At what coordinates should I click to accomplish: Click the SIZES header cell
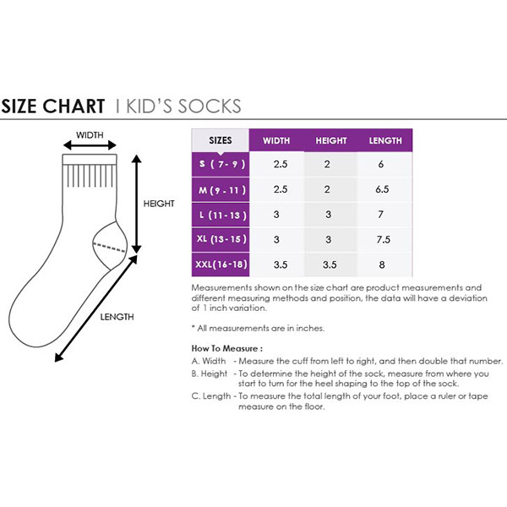pos(221,140)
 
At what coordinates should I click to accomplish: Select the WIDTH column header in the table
pos(276,140)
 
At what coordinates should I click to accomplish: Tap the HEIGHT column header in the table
pos(330,140)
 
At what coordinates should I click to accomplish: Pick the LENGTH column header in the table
pos(385,140)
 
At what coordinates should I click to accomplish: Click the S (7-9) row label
pos(221,164)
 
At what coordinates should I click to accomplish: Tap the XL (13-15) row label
pos(221,240)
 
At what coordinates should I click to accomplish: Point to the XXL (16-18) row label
pos(221,264)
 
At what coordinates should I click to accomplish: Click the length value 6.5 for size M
pos(382,189)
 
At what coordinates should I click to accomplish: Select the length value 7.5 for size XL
pos(383,240)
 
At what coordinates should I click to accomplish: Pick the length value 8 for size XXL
pos(382,264)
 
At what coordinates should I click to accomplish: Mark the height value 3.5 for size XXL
pos(330,264)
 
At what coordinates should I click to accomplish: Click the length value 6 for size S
pos(381,164)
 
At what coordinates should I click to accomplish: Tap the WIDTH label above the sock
pos(90,135)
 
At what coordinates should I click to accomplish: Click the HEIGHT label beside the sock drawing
pos(159,204)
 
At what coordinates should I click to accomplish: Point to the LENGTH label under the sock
pos(117,317)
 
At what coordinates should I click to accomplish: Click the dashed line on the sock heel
pos(109,247)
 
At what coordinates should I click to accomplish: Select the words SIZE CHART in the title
pos(53,106)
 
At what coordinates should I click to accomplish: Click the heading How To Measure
pos(226,348)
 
